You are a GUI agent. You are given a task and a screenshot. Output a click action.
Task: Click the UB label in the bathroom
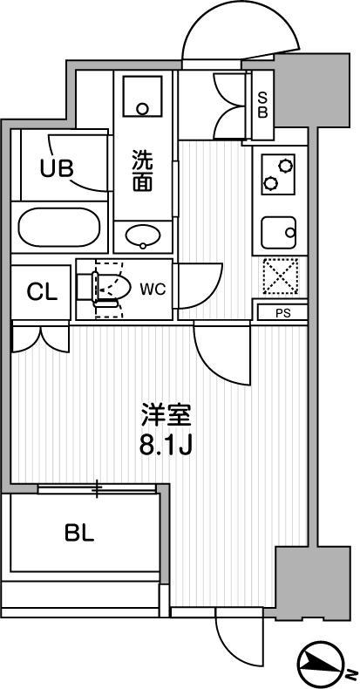pos(57,167)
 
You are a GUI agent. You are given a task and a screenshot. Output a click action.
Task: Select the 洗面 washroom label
pos(144,172)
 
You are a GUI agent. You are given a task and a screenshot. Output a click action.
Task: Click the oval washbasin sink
pos(144,235)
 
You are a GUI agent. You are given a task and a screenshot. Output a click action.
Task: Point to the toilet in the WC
pos(110,287)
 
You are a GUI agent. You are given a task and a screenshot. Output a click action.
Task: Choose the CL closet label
pos(42,291)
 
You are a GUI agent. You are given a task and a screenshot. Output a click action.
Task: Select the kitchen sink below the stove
pos(279,232)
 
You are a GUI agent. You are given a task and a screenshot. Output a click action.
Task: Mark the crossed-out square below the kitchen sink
pos(280,277)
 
